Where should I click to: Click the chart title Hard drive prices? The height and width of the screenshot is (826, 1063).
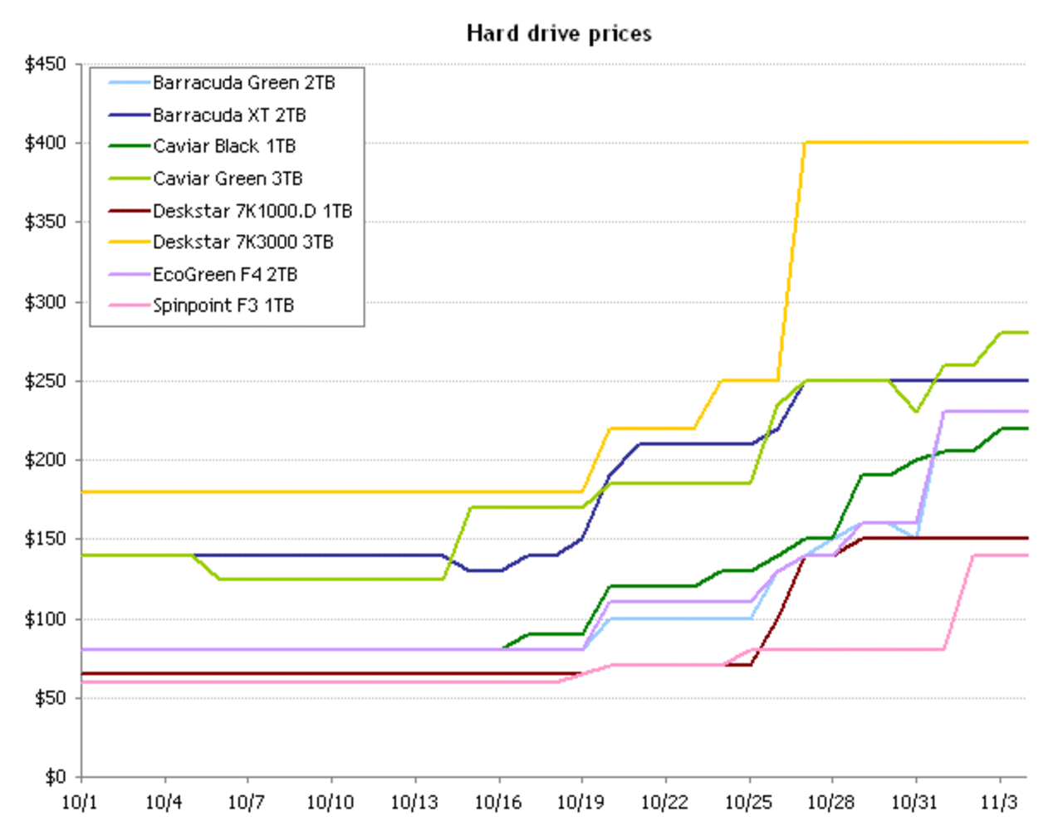coord(559,33)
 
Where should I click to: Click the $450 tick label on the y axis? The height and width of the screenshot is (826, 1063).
coord(46,65)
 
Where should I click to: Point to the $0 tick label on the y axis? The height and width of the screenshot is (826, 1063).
coord(55,777)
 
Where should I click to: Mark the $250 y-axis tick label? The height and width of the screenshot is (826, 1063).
coord(46,381)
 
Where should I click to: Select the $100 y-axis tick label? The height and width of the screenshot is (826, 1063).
coord(46,619)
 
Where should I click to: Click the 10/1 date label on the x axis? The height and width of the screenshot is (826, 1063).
coord(80,803)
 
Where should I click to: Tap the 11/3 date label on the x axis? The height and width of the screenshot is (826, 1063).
coord(999,803)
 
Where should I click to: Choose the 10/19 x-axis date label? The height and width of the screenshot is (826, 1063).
coord(580,803)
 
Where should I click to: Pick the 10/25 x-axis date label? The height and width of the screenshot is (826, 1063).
coord(748,803)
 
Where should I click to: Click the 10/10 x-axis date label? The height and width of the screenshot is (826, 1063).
coord(330,803)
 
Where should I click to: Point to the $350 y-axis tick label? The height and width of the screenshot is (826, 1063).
coord(46,222)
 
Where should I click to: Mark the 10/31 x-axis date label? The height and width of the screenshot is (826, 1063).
coord(914,803)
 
